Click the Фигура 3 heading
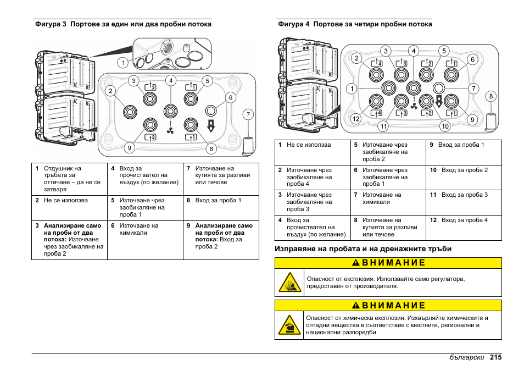(123, 24)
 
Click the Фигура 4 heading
(355, 24)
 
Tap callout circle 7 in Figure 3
(248, 114)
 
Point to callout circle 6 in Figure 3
(230, 97)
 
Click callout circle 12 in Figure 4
(355, 119)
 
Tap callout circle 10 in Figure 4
(445, 126)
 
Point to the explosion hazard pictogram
(289, 283)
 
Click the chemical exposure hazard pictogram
(289, 326)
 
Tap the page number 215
(496, 357)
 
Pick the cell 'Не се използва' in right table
(309, 145)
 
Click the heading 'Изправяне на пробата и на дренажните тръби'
(363, 248)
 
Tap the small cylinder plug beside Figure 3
(248, 145)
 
